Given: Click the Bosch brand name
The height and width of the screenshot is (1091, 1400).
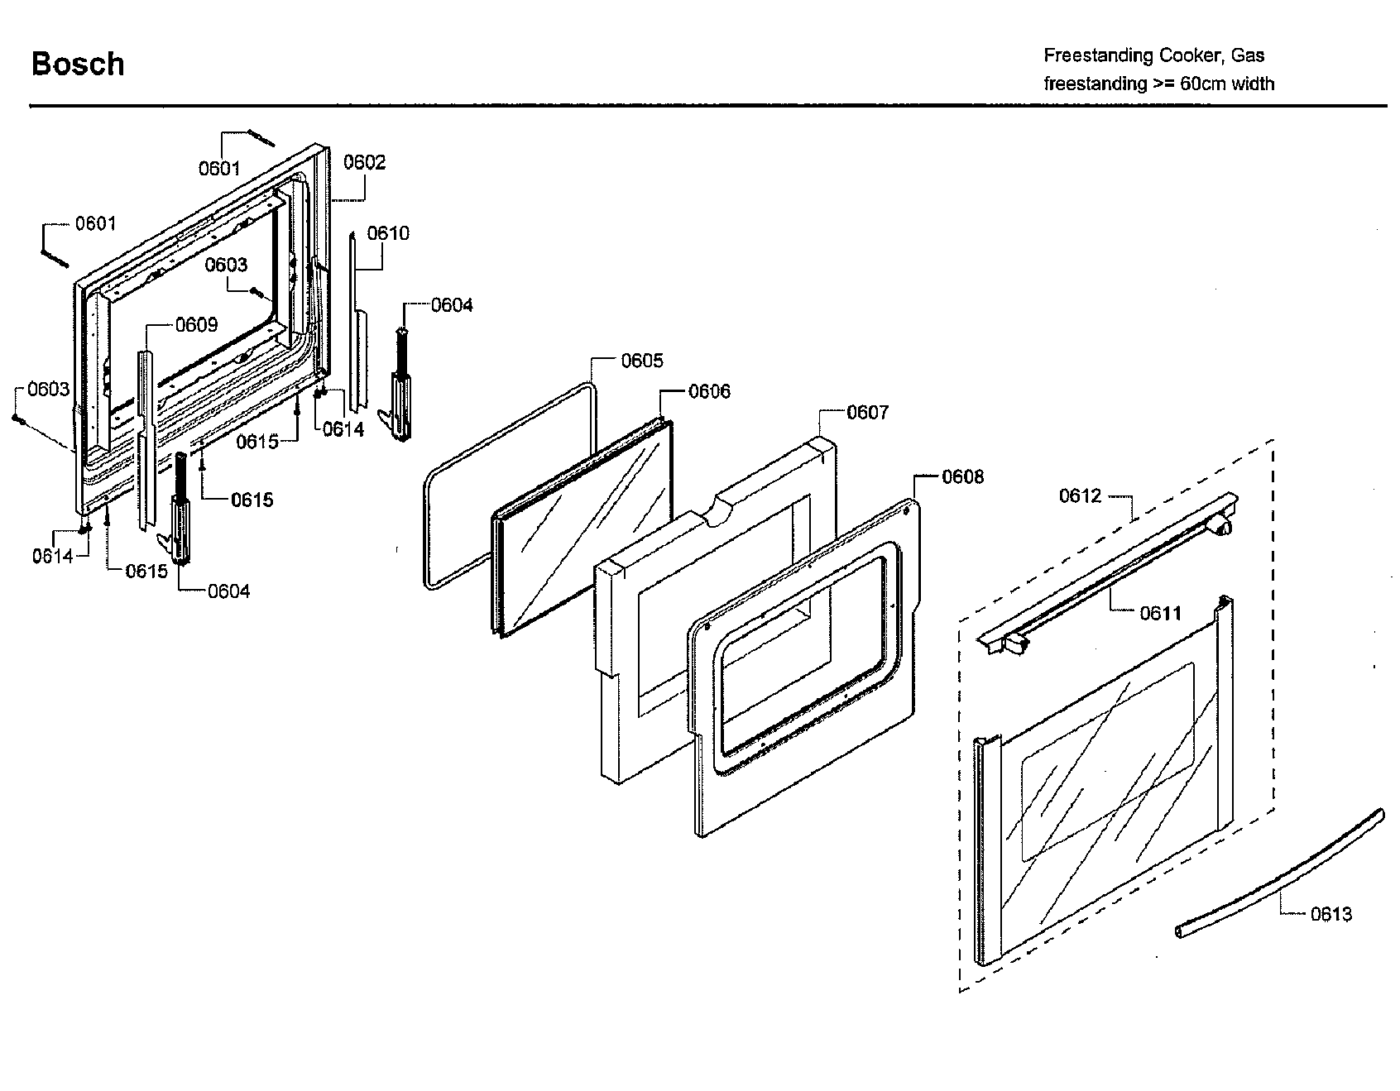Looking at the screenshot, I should coord(78,65).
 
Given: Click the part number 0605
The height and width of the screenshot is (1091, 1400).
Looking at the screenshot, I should coord(642,361).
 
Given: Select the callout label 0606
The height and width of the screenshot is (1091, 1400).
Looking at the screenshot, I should coord(709,391).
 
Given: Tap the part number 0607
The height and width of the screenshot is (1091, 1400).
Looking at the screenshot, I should coord(866,412).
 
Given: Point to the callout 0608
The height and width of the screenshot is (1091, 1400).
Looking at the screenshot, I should coord(962,476).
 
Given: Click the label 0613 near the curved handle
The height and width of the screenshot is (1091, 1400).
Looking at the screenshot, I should coord(1330,913).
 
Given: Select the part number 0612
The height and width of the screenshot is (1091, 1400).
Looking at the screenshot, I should coord(1081,495).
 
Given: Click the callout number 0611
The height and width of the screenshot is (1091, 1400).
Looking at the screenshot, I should coord(1160,613).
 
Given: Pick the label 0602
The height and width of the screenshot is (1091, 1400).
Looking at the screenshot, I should coord(364,162).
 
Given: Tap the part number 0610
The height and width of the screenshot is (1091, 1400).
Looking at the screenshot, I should coord(388,233).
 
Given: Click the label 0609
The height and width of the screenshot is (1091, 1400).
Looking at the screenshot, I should coord(196,325).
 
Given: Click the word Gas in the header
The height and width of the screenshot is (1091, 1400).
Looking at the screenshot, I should coord(1247,55).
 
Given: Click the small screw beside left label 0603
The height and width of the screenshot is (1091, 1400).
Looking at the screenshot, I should coord(17,419).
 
